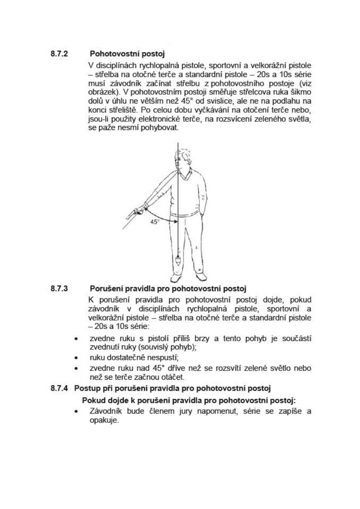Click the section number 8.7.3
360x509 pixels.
pos(59,288)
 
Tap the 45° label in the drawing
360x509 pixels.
pos(155,221)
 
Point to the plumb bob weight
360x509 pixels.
pos(178,263)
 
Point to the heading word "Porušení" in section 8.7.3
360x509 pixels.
pos(106,288)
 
